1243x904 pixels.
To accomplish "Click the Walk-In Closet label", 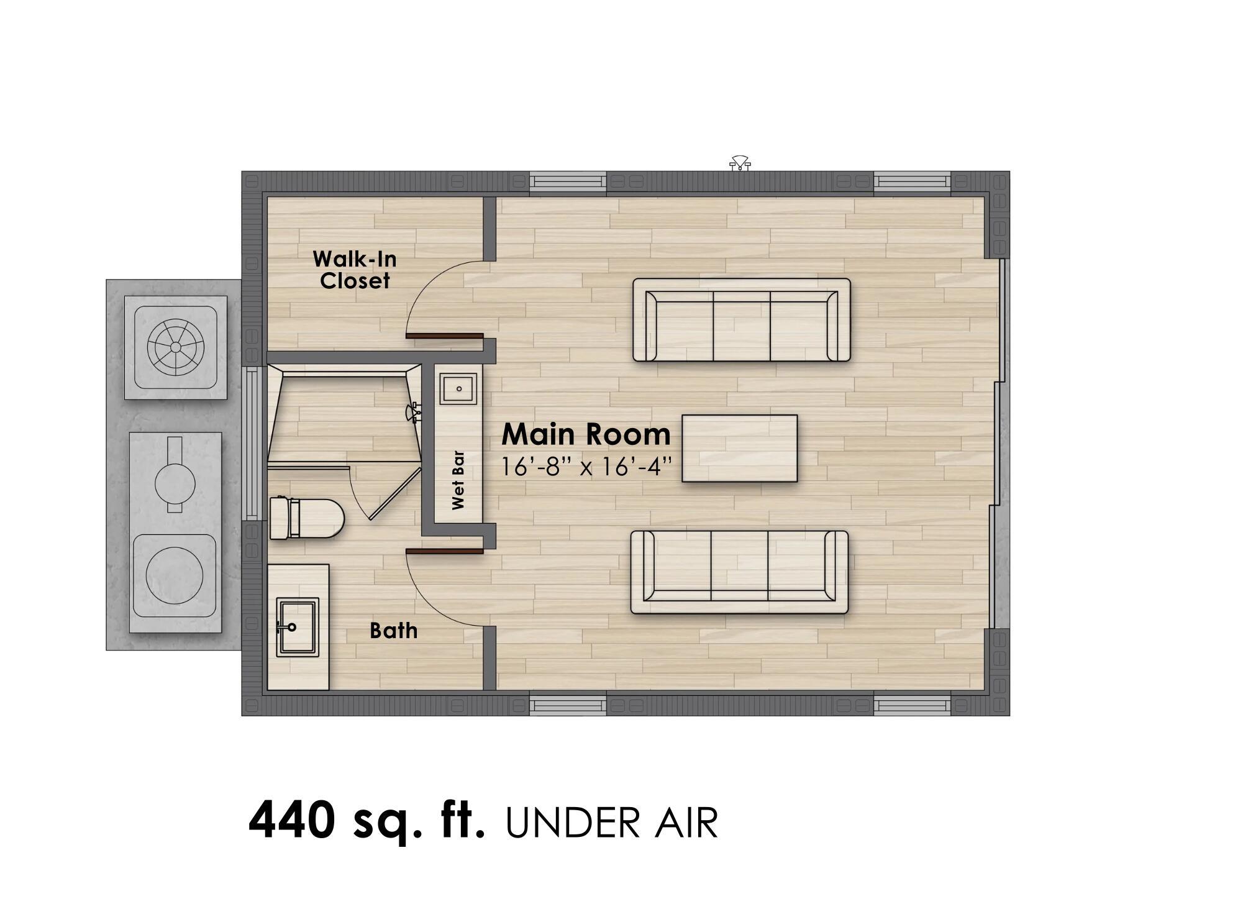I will tap(355, 270).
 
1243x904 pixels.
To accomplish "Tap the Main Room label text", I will tap(586, 434).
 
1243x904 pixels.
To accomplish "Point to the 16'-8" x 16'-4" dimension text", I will tap(586, 466).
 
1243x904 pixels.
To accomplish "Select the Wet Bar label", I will tap(458, 480).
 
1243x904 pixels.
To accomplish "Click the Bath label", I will tap(393, 631).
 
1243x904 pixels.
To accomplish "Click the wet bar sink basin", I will tap(459, 389).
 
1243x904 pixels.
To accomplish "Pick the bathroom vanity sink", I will tap(297, 626).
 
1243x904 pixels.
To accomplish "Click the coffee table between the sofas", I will tap(739, 448).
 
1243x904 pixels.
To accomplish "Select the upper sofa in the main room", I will tap(741, 320).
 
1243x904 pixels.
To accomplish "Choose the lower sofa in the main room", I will tap(739, 572).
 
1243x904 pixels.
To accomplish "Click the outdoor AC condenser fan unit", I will tap(175, 347).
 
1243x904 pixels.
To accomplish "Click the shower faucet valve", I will tap(414, 412).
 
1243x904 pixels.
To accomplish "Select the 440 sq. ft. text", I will tap(366, 820).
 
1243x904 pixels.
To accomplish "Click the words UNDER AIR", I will tap(611, 823).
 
